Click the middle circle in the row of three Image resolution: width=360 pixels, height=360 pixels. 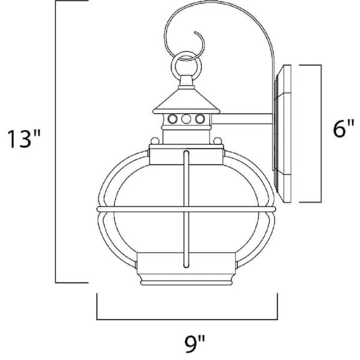[x=185, y=119]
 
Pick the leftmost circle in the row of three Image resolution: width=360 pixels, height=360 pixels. [x=173, y=119]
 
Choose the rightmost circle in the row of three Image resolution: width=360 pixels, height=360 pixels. [x=197, y=119]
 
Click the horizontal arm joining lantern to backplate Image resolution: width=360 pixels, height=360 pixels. [x=243, y=125]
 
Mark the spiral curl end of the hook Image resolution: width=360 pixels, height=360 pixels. [x=199, y=43]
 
